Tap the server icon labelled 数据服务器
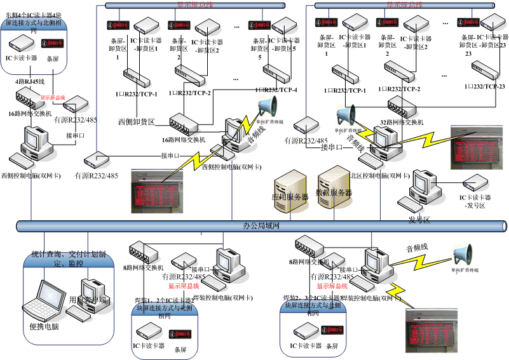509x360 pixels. [x=332, y=184]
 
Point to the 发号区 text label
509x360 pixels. [x=419, y=220]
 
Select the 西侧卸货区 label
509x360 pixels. [x=137, y=121]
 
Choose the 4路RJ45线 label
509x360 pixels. [x=30, y=82]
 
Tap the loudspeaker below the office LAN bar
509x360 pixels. [x=463, y=255]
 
